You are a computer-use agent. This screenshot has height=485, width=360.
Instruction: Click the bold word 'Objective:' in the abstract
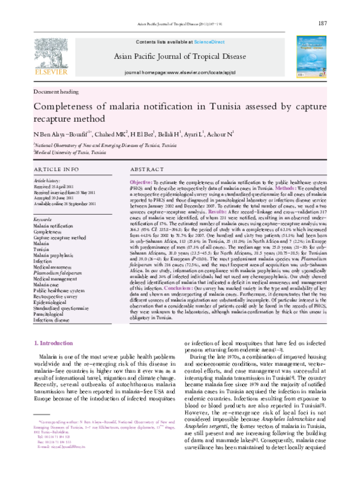coord(141,181)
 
